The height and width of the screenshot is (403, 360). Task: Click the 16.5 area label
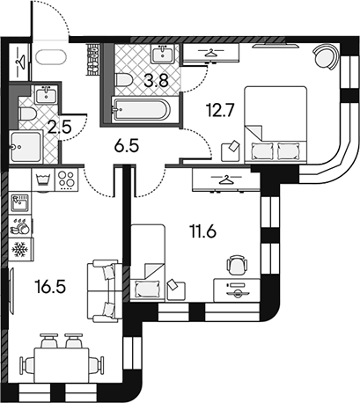tap(50, 287)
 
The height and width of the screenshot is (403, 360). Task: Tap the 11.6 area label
tap(203, 231)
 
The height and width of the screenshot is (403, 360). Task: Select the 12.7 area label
tap(220, 111)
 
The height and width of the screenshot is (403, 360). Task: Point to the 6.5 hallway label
tap(127, 146)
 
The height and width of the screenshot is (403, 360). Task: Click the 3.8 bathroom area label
tap(156, 81)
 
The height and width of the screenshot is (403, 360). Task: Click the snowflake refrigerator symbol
tap(20, 250)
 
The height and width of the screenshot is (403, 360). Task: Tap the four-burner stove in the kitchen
tap(66, 180)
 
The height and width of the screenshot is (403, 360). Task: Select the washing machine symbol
tap(43, 180)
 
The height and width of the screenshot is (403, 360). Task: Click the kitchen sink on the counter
tap(19, 202)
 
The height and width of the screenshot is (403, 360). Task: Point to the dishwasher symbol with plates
tap(20, 226)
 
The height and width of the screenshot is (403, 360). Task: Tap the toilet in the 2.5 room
tap(26, 114)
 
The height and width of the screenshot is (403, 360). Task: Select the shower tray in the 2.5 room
tap(26, 147)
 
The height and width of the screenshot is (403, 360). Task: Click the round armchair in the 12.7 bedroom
tap(325, 57)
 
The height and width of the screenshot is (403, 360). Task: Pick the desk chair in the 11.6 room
tap(236, 265)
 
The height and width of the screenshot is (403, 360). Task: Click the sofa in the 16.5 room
tap(105, 291)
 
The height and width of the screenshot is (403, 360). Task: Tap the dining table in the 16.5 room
tap(62, 365)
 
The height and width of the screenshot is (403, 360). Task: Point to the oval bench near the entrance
tap(50, 57)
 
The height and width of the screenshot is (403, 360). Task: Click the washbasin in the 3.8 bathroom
tap(163, 54)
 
